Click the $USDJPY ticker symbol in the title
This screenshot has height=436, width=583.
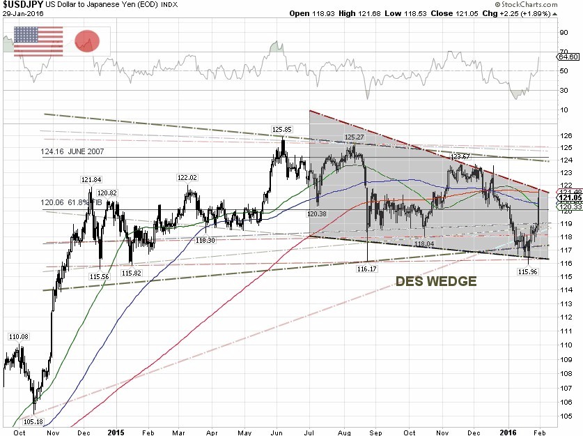tap(25, 5)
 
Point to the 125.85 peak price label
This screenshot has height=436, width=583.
tap(281, 130)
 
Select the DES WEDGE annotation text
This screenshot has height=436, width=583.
tap(436, 282)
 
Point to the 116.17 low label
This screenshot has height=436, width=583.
tap(366, 268)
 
